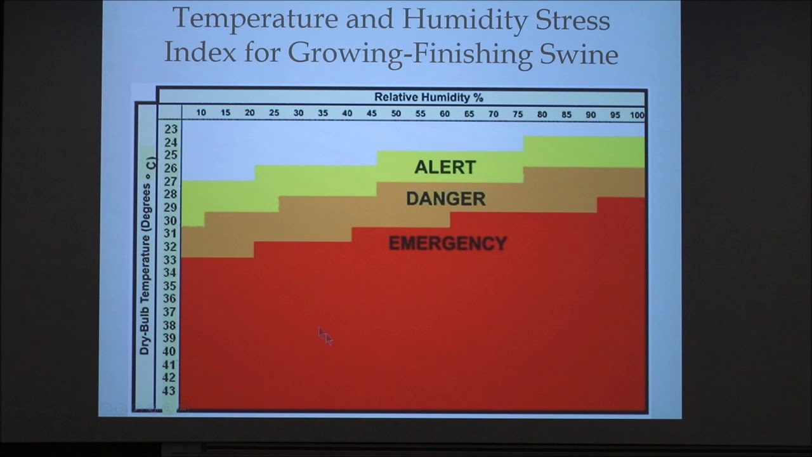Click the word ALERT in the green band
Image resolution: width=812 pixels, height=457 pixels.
445,168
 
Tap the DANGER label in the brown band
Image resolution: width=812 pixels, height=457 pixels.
445,199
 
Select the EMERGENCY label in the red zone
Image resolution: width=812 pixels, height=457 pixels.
447,244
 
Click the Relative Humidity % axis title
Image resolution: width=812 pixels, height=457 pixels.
428,97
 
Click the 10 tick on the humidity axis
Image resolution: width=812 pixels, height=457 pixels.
201,113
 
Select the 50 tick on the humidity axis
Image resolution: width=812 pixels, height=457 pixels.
396,113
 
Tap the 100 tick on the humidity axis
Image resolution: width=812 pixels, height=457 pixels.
637,115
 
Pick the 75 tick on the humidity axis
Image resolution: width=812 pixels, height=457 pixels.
518,114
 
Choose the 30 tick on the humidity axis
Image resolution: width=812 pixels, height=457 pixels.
298,113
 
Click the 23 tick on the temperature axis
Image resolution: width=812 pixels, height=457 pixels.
171,129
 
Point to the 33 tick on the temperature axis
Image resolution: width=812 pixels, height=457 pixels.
170,260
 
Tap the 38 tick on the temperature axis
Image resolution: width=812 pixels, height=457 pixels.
170,325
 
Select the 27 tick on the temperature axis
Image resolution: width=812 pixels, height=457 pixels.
170,182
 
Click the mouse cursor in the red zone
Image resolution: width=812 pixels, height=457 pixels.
324,335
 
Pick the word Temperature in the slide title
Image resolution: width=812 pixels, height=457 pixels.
256,19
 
